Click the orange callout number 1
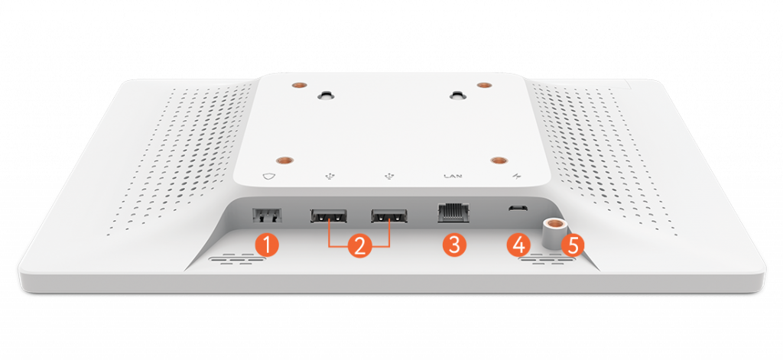point(267,245)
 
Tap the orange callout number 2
point(359,245)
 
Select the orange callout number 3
point(454,245)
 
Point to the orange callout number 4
point(518,245)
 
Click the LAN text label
point(453,176)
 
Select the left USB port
point(329,216)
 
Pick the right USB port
point(389,216)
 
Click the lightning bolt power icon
point(516,176)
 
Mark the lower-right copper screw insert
point(499,161)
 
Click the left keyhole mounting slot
point(326,94)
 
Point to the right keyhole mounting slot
point(456,94)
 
